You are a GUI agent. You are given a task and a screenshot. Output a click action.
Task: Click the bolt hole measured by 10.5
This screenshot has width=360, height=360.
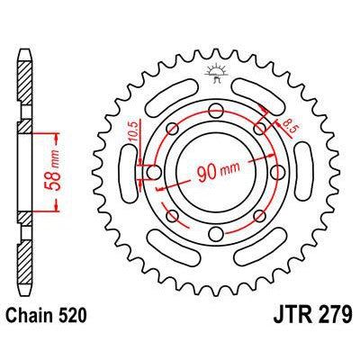tap(152, 172)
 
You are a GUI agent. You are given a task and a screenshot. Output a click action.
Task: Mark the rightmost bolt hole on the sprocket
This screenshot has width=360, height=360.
tap(276, 172)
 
